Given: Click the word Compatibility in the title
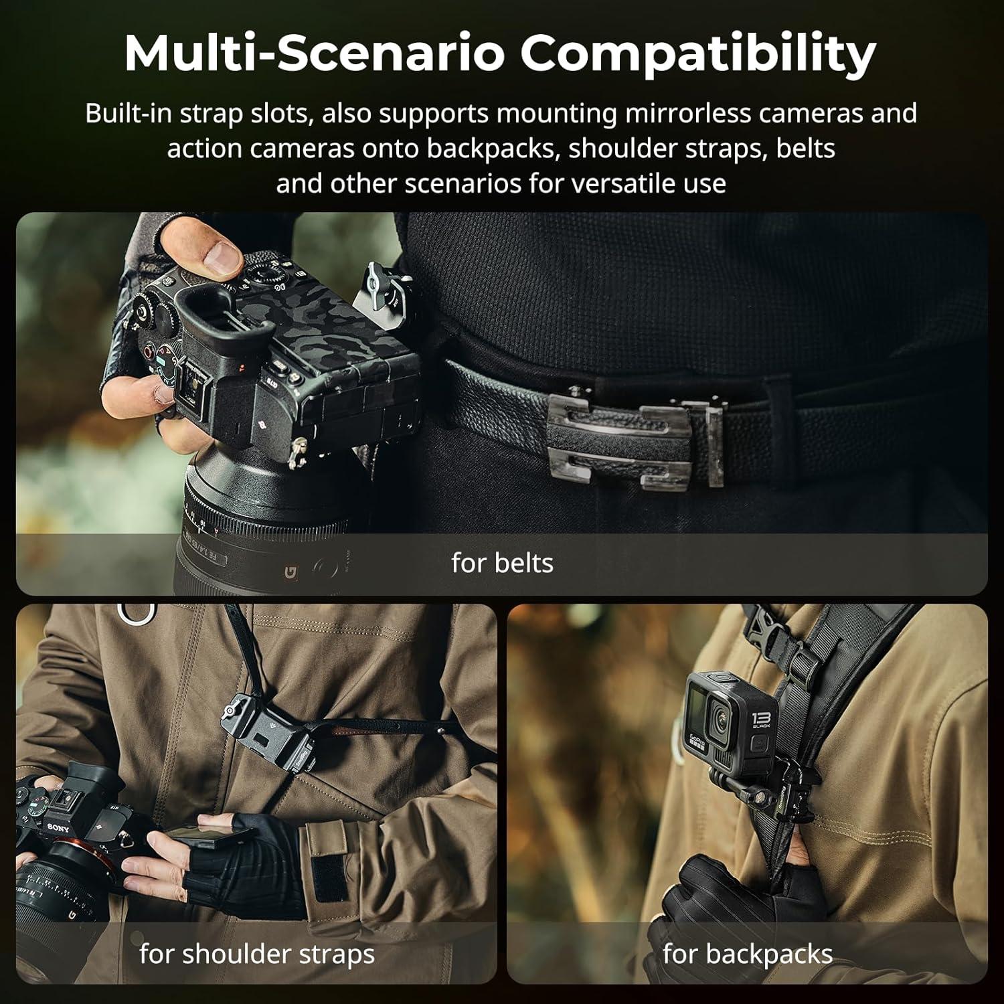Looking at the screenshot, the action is (698, 54).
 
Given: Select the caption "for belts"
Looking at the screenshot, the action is (502, 563).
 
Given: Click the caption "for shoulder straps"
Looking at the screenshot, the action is (257, 954).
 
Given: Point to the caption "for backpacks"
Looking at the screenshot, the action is (748, 954).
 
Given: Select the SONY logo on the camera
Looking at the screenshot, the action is (58, 828).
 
